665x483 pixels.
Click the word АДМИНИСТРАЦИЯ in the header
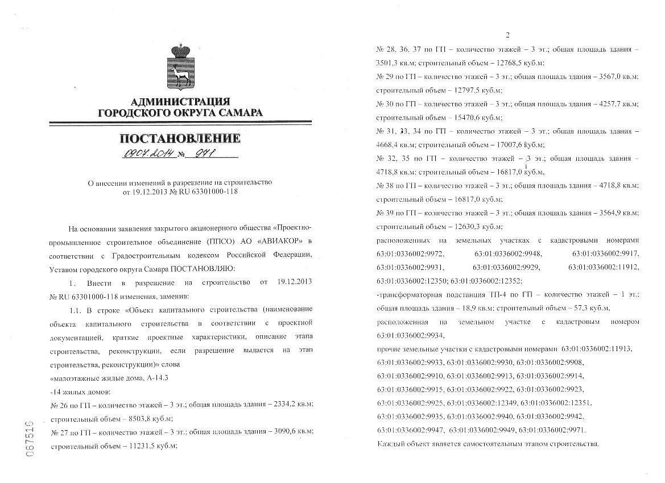pos(180,102)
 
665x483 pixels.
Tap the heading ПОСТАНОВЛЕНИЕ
pos(180,138)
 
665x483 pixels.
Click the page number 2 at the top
pos(507,34)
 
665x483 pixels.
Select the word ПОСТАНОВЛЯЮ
pos(199,268)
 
